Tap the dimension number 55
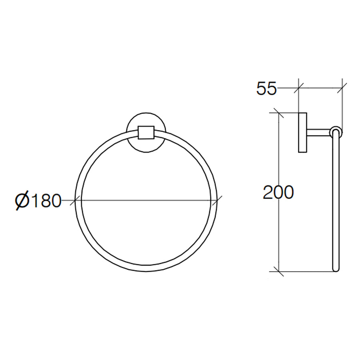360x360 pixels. point(266,89)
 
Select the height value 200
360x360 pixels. point(278,193)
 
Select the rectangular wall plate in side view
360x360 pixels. point(302,133)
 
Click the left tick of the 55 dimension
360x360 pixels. point(299,88)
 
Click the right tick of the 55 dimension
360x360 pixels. point(342,88)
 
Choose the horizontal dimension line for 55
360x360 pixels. point(320,88)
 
